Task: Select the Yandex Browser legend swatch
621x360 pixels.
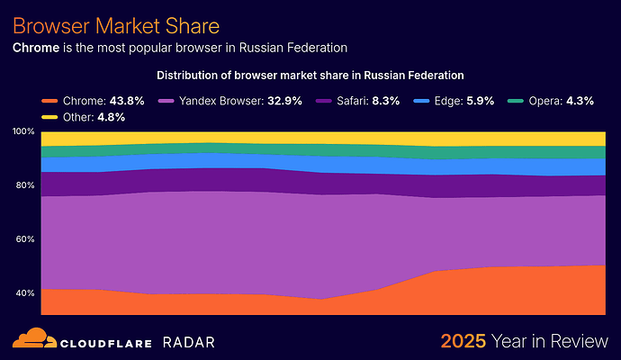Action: point(166,101)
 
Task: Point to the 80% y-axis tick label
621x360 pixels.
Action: point(24,185)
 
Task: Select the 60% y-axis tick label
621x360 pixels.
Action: point(24,239)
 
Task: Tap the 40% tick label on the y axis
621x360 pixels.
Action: point(24,293)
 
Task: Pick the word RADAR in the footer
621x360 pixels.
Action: point(189,341)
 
